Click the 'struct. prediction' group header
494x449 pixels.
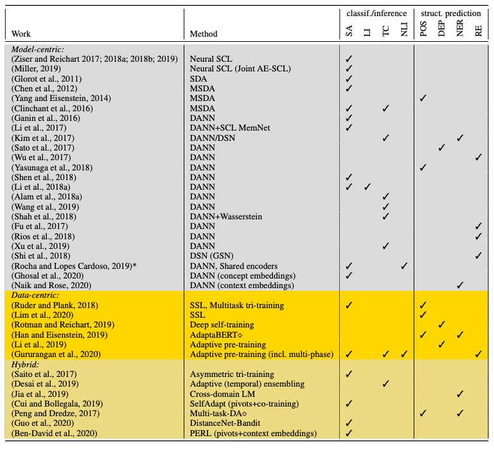click(x=450, y=13)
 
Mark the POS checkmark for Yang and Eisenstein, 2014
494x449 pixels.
click(x=423, y=97)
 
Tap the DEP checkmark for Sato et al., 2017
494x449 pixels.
click(x=442, y=147)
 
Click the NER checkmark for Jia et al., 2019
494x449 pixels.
click(x=460, y=394)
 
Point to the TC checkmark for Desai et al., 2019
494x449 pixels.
click(x=385, y=384)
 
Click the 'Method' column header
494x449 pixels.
click(x=204, y=34)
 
